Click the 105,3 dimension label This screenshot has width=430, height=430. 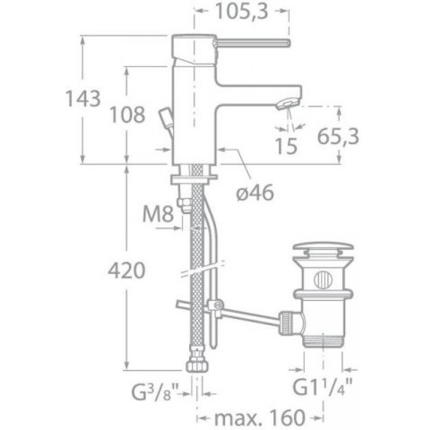point(241,11)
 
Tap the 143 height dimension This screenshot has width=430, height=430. point(83,98)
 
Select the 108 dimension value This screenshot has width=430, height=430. point(127,114)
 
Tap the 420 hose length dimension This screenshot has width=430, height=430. point(127,270)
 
